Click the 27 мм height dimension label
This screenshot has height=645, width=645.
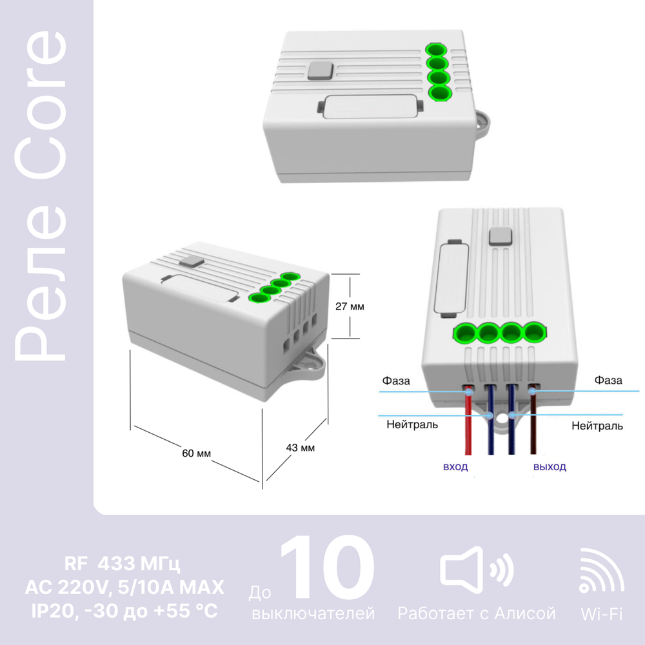pyautogui.click(x=350, y=306)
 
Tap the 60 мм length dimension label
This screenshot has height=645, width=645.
pyautogui.click(x=196, y=453)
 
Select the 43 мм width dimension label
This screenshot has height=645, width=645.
pyautogui.click(x=301, y=448)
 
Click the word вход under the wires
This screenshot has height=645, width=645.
pyautogui.click(x=455, y=467)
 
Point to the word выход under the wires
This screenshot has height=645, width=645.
pyautogui.click(x=550, y=467)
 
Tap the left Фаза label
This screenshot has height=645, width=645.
pyautogui.click(x=396, y=381)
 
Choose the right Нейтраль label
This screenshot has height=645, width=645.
pyautogui.click(x=597, y=426)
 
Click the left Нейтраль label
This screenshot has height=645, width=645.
pyautogui.click(x=412, y=424)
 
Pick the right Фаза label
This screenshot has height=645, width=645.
pyautogui.click(x=608, y=380)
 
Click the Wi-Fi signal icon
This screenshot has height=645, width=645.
pyautogui.click(x=601, y=571)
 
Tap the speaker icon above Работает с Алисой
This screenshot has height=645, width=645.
pyautogui.click(x=477, y=570)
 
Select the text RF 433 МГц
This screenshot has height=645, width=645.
pyautogui.click(x=122, y=564)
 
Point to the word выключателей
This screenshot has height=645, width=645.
pyautogui.click(x=313, y=613)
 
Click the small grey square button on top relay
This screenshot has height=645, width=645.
pyautogui.click(x=321, y=70)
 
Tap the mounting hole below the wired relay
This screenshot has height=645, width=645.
pyautogui.click(x=501, y=419)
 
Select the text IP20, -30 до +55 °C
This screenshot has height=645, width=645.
pyautogui.click(x=124, y=611)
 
